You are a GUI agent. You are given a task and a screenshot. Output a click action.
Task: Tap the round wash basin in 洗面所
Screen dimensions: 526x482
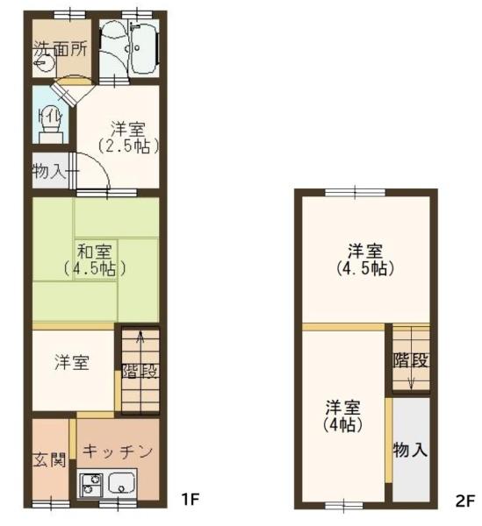coord(40,64)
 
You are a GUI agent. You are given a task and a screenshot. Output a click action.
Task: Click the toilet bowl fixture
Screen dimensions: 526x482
coord(50,124)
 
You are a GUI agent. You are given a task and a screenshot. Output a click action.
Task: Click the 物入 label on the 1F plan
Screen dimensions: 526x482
coord(49,170)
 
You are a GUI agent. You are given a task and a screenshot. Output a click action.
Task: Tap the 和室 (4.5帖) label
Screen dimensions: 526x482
coord(93,257)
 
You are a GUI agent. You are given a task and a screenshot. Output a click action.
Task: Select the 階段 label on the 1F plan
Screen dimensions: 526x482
coord(140,370)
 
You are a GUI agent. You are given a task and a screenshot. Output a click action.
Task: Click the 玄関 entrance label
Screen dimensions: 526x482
coord(49,459)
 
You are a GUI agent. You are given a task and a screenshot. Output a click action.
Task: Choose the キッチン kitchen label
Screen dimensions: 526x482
coord(118,451)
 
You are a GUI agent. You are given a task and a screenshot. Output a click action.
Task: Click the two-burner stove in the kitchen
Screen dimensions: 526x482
coord(90,485)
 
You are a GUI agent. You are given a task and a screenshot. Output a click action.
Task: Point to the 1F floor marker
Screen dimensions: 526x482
coord(191,500)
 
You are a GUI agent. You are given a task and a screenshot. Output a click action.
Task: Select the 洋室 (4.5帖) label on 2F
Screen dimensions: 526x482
coord(365,258)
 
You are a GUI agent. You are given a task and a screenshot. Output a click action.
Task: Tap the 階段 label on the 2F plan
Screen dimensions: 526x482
coord(411,359)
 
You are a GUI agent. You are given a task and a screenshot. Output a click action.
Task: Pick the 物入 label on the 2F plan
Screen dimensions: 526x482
coord(411,450)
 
